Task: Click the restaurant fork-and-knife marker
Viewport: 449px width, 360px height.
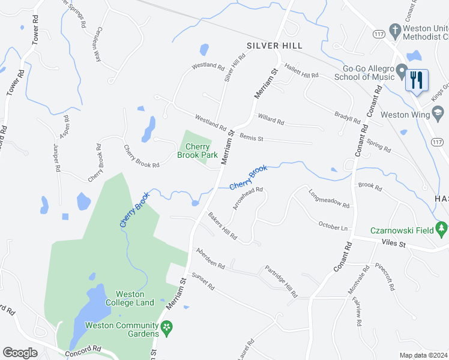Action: [x=417, y=79]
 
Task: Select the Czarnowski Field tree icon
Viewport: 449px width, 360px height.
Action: [x=442, y=229]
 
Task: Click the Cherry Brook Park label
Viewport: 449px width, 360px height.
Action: [x=197, y=151]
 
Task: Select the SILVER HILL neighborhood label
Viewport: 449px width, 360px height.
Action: [x=274, y=46]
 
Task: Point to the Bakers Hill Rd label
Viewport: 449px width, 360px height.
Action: [x=223, y=226]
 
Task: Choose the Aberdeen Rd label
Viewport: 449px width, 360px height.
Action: [x=209, y=258]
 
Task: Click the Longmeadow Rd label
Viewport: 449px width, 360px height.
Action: [x=329, y=199]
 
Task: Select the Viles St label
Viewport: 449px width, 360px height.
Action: [x=394, y=244]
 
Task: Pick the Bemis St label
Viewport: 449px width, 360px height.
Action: [x=252, y=138]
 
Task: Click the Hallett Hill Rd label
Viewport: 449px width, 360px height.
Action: [x=301, y=71]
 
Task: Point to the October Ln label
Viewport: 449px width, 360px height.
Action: [x=333, y=226]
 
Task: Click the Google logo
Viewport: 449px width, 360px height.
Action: [x=20, y=353]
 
